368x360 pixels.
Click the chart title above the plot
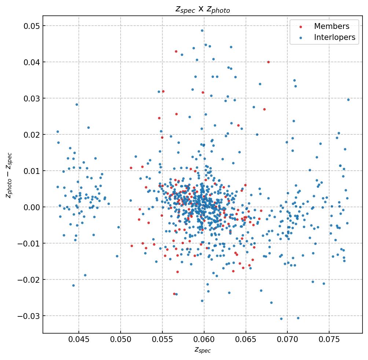(x=203, y=9)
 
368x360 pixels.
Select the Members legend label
(x=331, y=26)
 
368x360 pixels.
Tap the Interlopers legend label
(x=334, y=37)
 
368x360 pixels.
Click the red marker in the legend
(x=301, y=27)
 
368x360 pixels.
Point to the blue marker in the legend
(x=301, y=38)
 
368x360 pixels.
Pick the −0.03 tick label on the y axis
(x=30, y=316)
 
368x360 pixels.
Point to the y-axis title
(x=9, y=175)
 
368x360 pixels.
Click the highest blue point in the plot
(x=202, y=30)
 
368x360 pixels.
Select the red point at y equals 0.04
(x=268, y=62)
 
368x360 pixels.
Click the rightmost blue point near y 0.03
(x=348, y=100)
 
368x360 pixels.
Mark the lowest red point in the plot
(x=174, y=294)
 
